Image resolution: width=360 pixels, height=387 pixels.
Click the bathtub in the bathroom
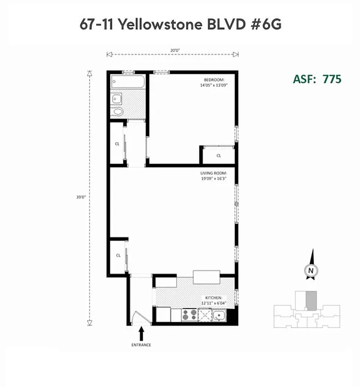[x=128, y=82]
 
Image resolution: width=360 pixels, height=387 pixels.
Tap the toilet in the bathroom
[x=118, y=112]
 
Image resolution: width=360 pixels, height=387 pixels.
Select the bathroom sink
[x=117, y=99]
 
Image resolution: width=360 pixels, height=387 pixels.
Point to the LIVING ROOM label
[x=213, y=173]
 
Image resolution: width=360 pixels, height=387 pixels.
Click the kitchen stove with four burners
[x=189, y=315]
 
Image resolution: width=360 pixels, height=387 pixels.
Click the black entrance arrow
[x=142, y=333]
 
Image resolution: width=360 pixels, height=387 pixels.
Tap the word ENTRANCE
[x=141, y=345]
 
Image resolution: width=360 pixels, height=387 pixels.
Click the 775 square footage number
[x=332, y=79]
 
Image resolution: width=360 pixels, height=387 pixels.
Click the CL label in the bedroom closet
[x=218, y=156]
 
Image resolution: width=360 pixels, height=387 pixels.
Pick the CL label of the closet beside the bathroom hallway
[x=117, y=144]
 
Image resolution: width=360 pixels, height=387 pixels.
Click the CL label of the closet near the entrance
[x=118, y=255]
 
